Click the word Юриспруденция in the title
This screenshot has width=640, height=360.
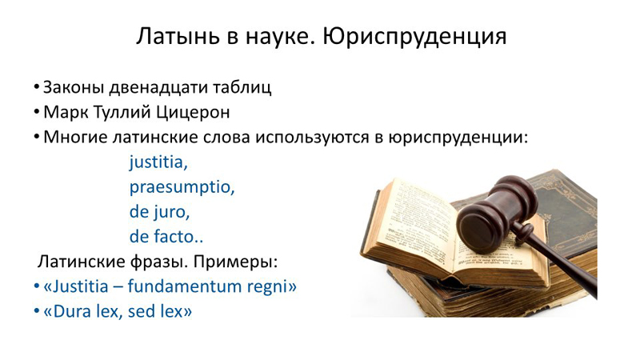click(x=414, y=37)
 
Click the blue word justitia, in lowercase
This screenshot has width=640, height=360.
click(x=158, y=162)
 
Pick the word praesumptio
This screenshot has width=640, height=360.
click(x=182, y=188)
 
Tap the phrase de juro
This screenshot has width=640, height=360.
click(x=159, y=212)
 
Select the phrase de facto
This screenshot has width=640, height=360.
click(x=166, y=237)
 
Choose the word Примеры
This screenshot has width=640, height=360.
click(x=235, y=262)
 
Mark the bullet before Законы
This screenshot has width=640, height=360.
click(x=37, y=88)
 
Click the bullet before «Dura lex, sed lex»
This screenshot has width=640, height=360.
click(x=37, y=311)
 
